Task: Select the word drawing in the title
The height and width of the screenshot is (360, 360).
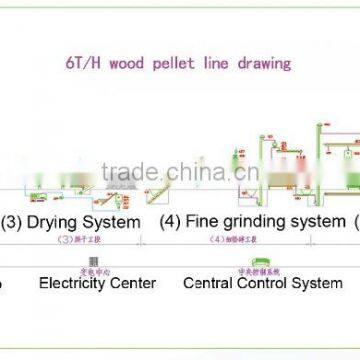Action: (265, 63)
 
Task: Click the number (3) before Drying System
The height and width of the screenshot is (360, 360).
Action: (13, 221)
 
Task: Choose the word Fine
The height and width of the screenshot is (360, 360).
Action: (207, 221)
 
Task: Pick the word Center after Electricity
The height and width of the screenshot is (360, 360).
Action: (135, 283)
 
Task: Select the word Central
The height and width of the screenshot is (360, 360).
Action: (209, 283)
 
